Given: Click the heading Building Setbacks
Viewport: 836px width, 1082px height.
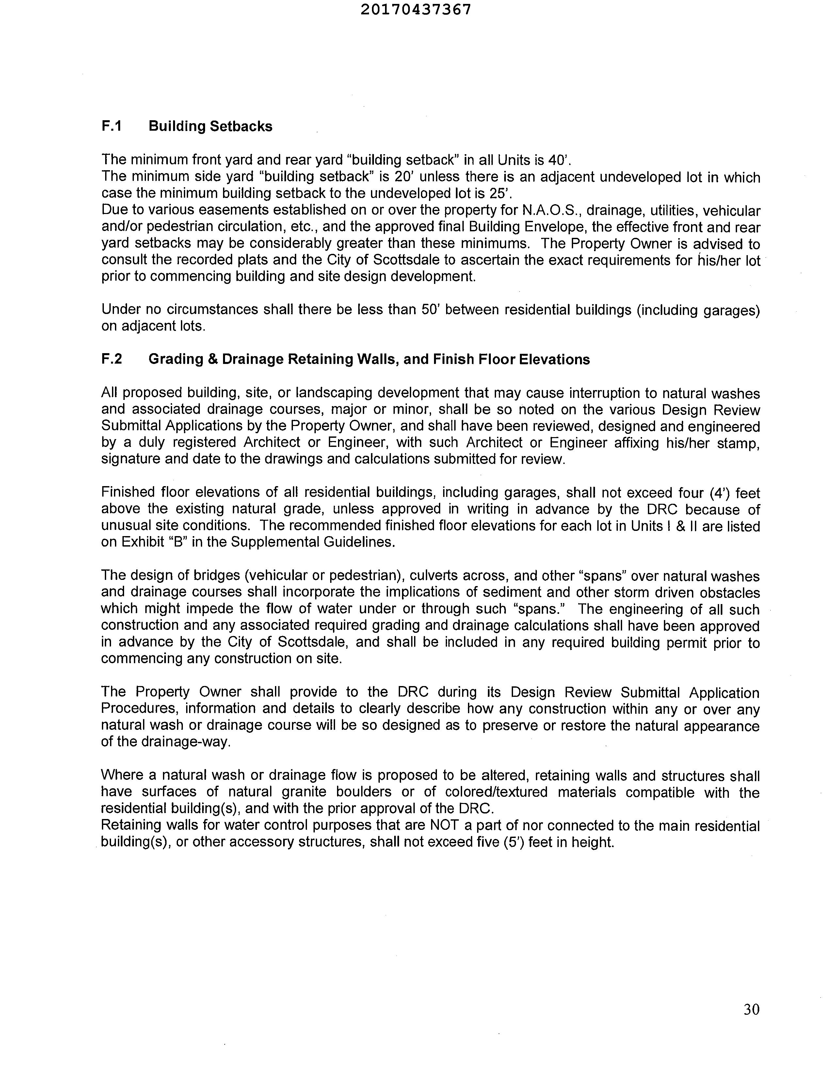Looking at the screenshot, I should tap(211, 126).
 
